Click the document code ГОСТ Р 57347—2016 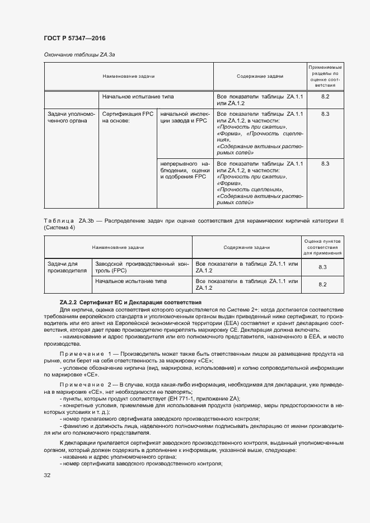pos(74,38)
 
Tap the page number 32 pos(47,475)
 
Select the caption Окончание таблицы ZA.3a pos(79,54)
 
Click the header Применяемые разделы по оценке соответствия pos(325,76)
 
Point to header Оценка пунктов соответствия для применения pos(322,247)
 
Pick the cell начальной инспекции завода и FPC pos(185,117)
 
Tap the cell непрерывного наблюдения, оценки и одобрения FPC pos(185,170)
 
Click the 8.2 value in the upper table pos(325,97)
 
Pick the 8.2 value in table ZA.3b pos(322,284)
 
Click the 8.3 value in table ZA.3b pos(322,267)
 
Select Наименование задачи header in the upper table pos(128,76)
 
